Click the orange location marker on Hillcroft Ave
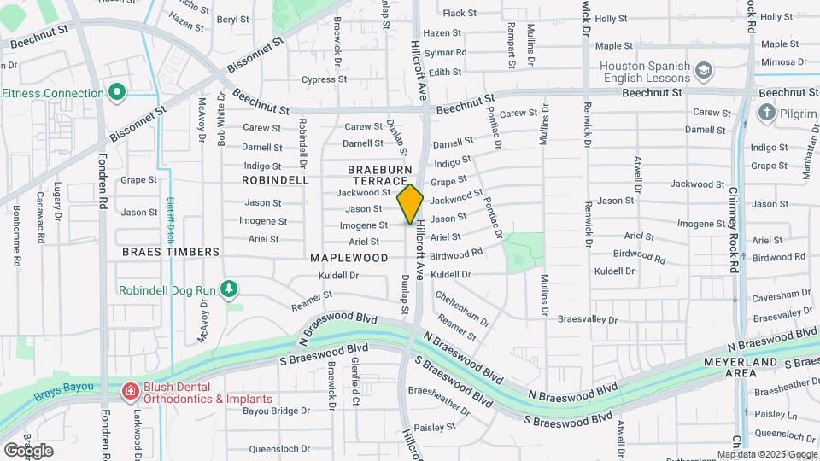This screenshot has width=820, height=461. coord(410,204)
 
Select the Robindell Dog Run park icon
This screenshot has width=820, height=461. coord(228,289)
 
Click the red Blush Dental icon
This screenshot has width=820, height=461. coord(130,392)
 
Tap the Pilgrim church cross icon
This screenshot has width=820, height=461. coord(766,112)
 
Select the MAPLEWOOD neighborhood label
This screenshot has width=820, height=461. coord(348,257)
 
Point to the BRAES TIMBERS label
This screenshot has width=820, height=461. coord(171,252)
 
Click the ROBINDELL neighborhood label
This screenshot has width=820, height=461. coord(275,180)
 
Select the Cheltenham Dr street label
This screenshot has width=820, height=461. coord(462,309)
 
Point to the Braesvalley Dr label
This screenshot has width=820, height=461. coord(587,319)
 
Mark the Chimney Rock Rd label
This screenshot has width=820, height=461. coord(735,230)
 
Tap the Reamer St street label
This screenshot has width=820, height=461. coord(311,299)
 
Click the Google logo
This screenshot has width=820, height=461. coord(28,450)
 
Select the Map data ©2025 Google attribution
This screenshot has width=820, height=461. coord(766,454)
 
